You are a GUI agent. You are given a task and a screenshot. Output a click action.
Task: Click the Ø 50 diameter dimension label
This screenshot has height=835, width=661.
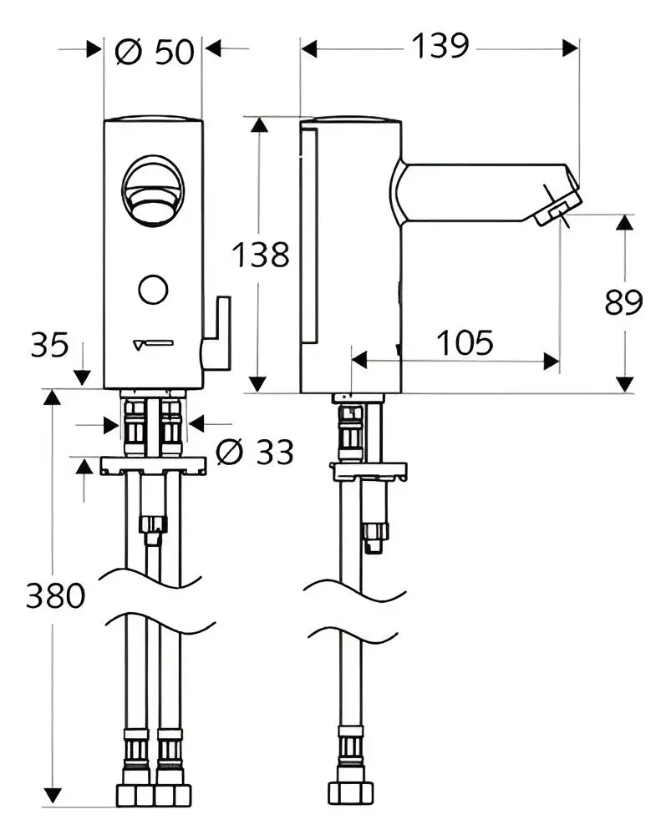[x=155, y=52]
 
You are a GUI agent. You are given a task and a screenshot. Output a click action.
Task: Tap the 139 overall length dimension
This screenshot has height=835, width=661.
[x=440, y=46]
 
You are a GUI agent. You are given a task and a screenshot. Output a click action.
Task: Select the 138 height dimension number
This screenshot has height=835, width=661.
[x=261, y=254]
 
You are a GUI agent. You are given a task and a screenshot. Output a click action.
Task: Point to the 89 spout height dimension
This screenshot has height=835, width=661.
[x=623, y=302]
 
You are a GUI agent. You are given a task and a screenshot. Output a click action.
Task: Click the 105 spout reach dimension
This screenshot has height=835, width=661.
[x=465, y=342]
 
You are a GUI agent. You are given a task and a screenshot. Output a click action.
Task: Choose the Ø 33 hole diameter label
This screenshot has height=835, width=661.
[x=256, y=452]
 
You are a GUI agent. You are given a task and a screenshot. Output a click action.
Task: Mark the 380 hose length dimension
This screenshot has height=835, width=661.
[x=55, y=595]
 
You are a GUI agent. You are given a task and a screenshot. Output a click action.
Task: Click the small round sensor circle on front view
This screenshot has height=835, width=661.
[x=154, y=290]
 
